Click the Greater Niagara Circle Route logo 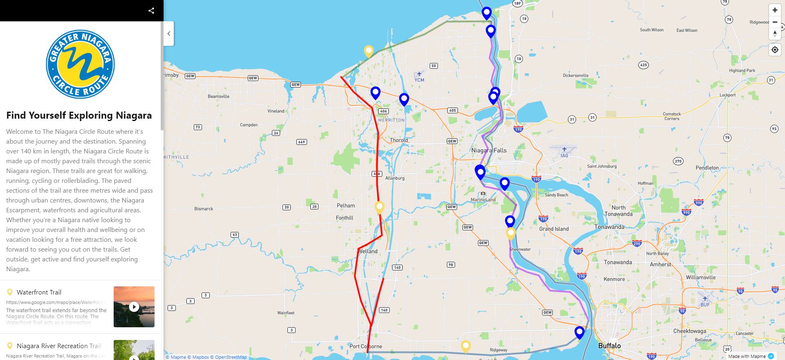pyautogui.click(x=80, y=64)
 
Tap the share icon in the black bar pyautogui.click(x=151, y=11)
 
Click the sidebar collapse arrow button pyautogui.click(x=169, y=34)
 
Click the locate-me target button pyautogui.click(x=775, y=50)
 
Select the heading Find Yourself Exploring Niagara pyautogui.click(x=79, y=115)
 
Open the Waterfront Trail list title pyautogui.click(x=39, y=292)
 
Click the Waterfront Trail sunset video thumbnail pyautogui.click(x=134, y=307)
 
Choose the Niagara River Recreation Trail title pyautogui.click(x=59, y=346)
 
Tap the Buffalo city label pyautogui.click(x=609, y=346)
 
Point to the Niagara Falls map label pyautogui.click(x=489, y=151)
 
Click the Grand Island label pyautogui.click(x=554, y=229)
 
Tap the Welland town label pyautogui.click(x=368, y=251)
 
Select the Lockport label pyautogui.click(x=727, y=95)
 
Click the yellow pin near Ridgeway pyautogui.click(x=466, y=346)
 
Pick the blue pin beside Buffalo pyautogui.click(x=579, y=332)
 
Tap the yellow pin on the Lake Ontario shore pyautogui.click(x=368, y=51)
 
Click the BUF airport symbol pyautogui.click(x=705, y=299)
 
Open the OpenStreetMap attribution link pyautogui.click(x=231, y=357)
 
